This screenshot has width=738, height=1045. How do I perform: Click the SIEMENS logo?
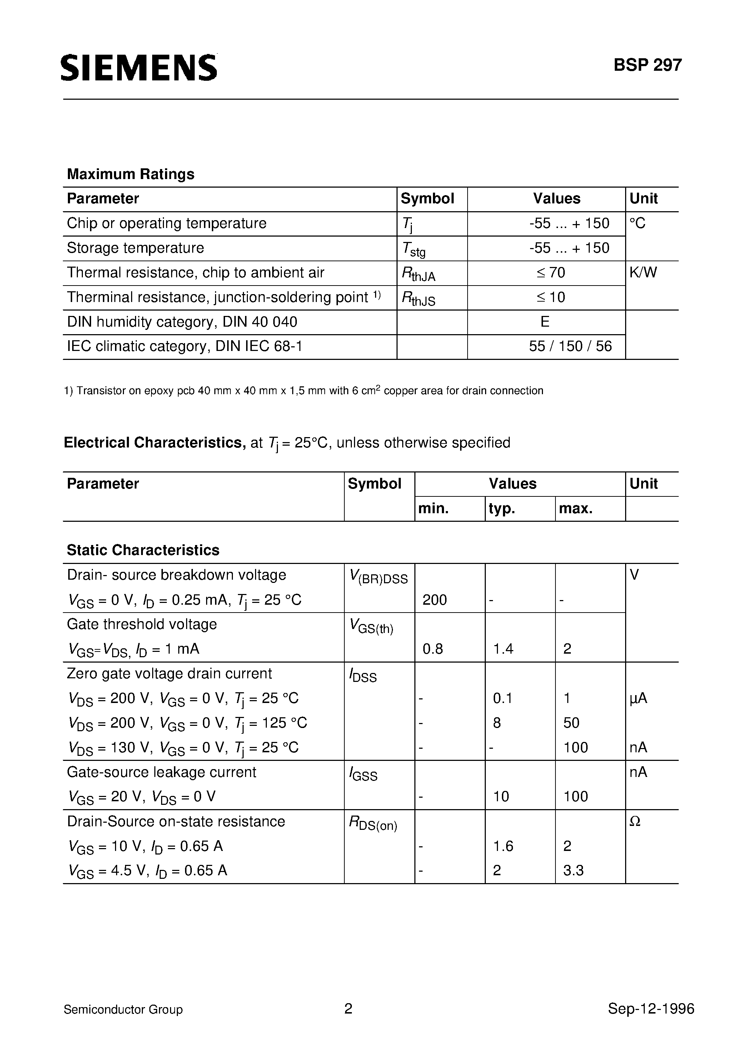(139, 68)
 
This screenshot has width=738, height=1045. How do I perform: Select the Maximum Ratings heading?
(131, 174)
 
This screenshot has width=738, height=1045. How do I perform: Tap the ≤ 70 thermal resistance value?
(550, 273)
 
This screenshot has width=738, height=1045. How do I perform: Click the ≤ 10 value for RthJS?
(550, 297)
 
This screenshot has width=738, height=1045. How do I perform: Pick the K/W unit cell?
(643, 273)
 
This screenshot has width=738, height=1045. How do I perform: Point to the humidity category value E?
(545, 322)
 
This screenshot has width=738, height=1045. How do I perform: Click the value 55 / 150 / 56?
(570, 346)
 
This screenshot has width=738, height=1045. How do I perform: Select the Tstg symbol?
(414, 249)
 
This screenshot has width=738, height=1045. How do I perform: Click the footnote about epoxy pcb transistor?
(304, 391)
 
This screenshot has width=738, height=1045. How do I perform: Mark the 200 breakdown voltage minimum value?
(434, 600)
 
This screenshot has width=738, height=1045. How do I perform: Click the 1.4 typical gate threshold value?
(503, 649)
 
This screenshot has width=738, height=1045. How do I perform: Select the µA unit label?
(638, 698)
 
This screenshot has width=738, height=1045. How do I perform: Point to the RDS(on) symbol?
(373, 823)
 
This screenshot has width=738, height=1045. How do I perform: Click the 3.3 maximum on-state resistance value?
(573, 870)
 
